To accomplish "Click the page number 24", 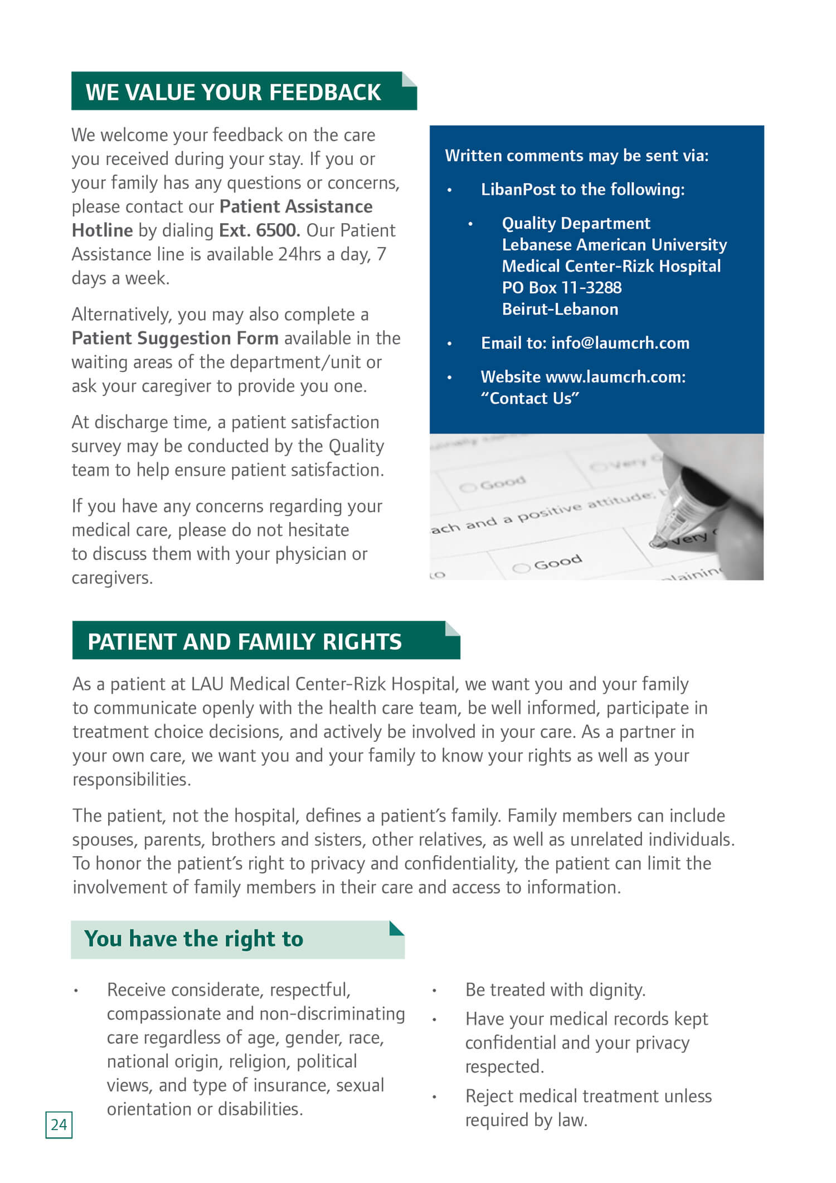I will pos(59,1124).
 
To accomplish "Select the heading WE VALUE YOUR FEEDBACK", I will pos(233,92).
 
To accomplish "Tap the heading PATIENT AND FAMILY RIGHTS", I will pos(244,641).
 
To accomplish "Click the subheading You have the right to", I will pos(193,939).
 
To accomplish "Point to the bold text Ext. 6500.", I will pos(259,230).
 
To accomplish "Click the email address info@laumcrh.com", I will pos(620,343).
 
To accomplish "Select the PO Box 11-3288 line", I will pos(561,288).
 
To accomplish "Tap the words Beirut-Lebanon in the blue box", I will pos(560,309).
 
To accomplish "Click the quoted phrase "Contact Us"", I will pos(530,398).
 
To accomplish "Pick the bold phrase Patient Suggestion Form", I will pos(175,339).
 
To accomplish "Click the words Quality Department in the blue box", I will pos(576,224).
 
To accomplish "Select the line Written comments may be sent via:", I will pos(576,156).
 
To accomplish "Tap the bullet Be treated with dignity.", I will pos(555,989).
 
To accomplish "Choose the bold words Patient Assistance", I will pos(296,206).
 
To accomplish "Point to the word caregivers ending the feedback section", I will pos(111,578).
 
